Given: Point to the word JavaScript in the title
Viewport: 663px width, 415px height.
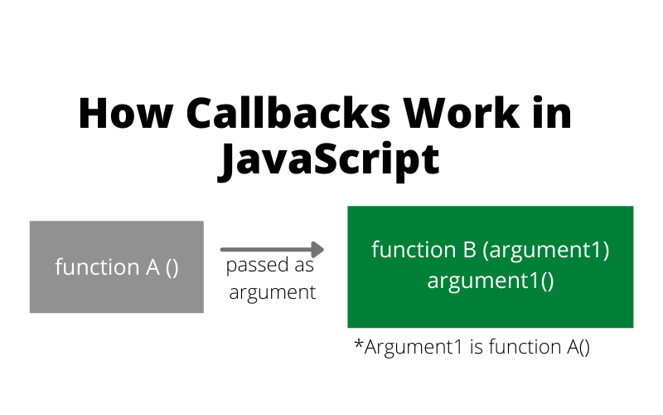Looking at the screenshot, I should pyautogui.click(x=329, y=160).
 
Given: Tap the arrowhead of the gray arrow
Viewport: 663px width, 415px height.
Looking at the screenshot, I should pyautogui.click(x=316, y=249).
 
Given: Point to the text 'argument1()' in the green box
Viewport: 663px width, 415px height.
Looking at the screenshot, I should pyautogui.click(x=490, y=281).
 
